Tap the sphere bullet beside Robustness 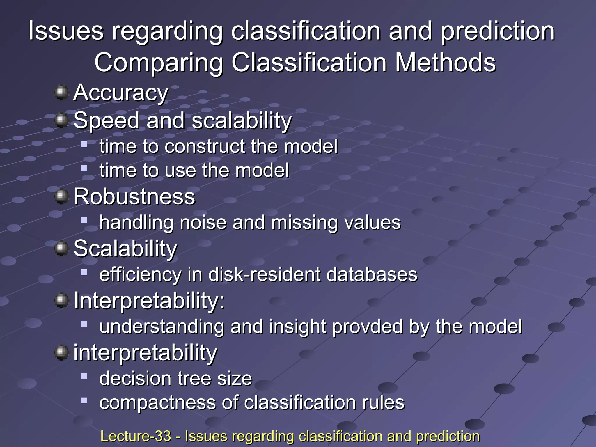(x=61, y=196)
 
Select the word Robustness (x=134, y=197)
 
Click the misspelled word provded (x=367, y=327)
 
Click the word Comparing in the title (x=159, y=63)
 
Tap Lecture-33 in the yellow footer (x=136, y=436)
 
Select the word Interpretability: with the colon (x=149, y=301)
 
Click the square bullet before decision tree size (x=84, y=376)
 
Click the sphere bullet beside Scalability (x=61, y=249)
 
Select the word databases (x=372, y=274)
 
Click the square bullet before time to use (x=84, y=168)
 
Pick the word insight (x=297, y=327)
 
